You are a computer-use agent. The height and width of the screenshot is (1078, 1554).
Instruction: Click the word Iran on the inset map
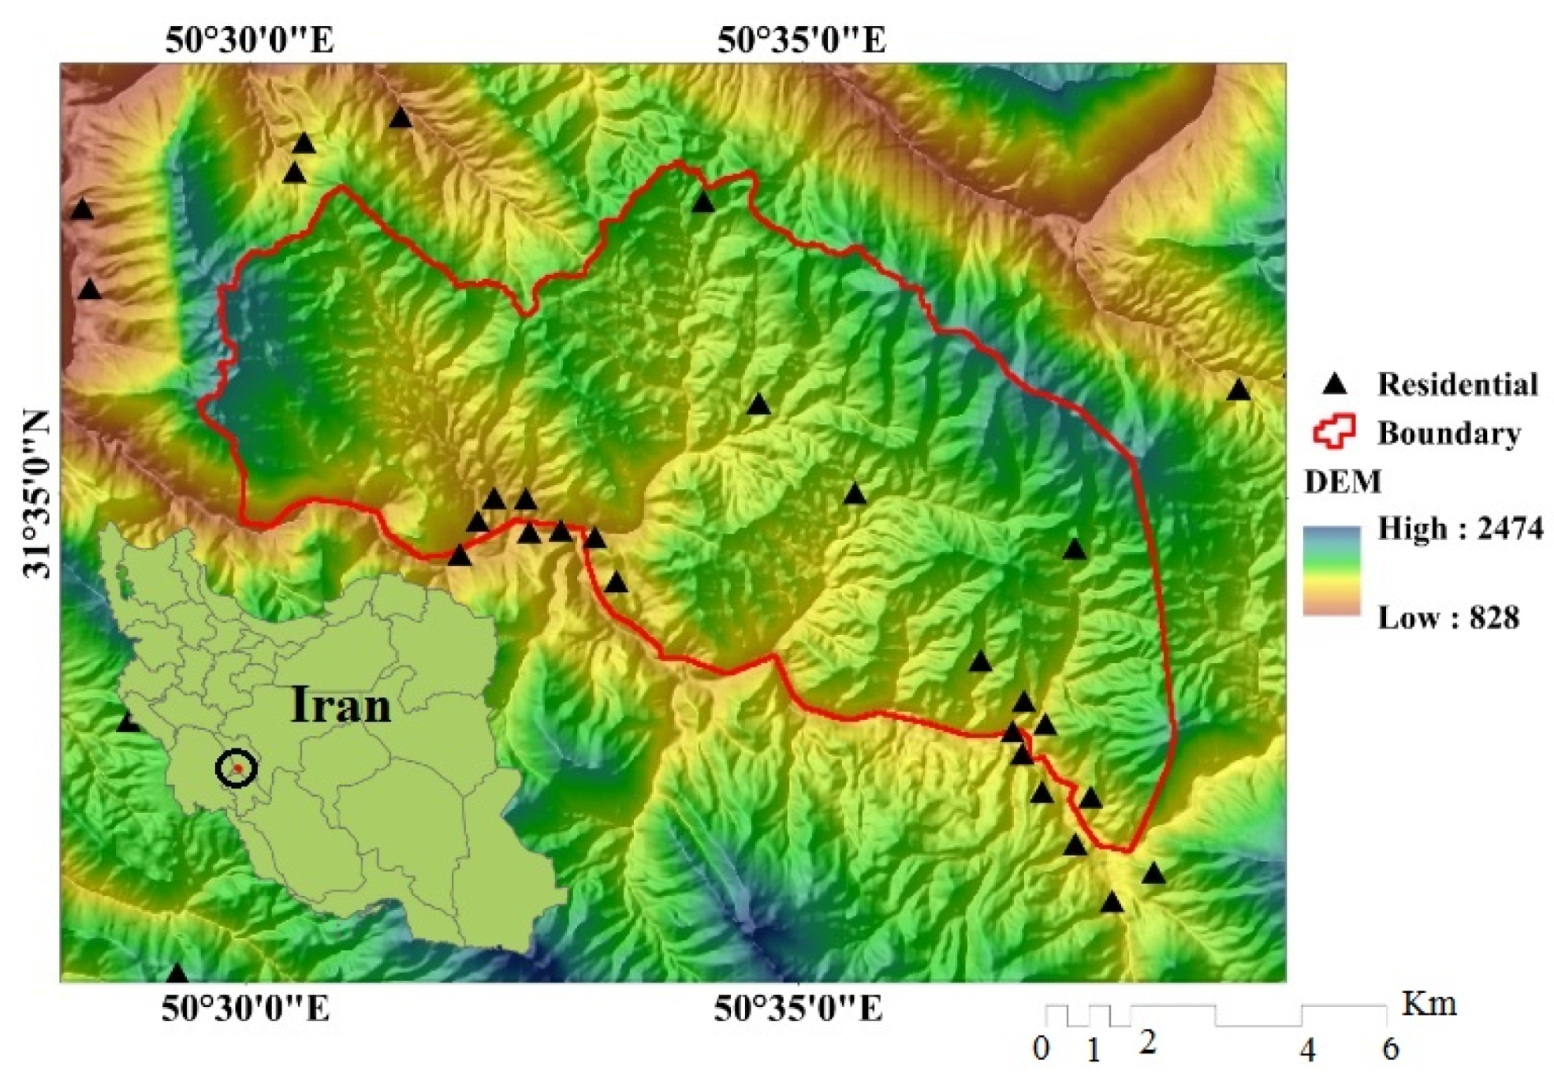point(341,704)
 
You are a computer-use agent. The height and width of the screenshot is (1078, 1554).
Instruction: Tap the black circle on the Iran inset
point(236,768)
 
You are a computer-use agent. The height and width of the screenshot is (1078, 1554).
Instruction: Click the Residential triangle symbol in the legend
point(1334,384)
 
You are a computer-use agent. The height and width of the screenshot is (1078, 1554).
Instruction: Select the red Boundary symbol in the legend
point(1334,432)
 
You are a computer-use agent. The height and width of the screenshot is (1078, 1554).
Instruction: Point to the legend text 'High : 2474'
point(1459,528)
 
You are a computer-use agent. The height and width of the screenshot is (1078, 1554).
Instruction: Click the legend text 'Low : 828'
point(1448,617)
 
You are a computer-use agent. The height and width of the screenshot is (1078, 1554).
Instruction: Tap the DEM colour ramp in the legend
point(1331,570)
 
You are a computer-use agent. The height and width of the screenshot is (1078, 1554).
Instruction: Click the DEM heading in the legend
point(1343,481)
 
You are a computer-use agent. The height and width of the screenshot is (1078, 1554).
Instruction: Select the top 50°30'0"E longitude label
point(249,39)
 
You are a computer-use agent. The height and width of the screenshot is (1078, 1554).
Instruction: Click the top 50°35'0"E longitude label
point(801,39)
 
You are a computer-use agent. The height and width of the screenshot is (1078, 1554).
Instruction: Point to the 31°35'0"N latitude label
point(36,494)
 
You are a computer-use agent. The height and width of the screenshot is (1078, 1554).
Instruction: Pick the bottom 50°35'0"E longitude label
point(798,1009)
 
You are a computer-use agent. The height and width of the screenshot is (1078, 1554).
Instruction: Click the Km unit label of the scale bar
point(1429,1004)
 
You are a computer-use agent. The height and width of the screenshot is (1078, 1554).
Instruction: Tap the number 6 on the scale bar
point(1390,1049)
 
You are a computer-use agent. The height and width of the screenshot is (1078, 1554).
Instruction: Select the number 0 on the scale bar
point(1042,1049)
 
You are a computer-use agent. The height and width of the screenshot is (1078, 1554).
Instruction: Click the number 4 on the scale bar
point(1307,1050)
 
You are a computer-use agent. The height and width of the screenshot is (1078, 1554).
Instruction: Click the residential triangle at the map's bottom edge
point(177,973)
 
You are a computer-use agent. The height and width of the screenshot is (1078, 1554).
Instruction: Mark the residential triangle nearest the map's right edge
point(1238,390)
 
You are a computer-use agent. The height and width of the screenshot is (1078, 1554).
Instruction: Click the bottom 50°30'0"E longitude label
point(246,1009)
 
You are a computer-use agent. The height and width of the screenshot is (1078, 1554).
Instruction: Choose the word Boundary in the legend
point(1448,433)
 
